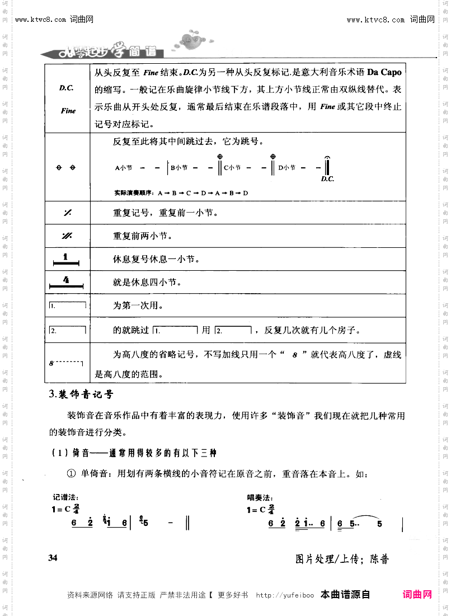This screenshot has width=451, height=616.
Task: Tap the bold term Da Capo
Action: pos(384,73)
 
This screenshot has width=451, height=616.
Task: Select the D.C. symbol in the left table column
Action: pos(67,88)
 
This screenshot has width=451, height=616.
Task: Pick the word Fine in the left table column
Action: pos(68,111)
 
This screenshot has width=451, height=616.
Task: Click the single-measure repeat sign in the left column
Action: pos(67,213)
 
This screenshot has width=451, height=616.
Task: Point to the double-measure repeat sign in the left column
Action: pos(67,236)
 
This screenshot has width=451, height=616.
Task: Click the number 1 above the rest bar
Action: pos(66,257)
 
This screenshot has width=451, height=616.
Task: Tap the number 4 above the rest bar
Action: pos(66,279)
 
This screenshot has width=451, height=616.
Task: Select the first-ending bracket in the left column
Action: pos(67,305)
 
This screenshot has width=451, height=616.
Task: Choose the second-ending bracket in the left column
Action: pos(67,330)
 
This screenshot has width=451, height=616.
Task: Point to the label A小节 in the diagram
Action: pos(123,167)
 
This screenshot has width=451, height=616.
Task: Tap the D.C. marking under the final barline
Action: pos(327,179)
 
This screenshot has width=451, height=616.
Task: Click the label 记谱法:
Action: pos(65,497)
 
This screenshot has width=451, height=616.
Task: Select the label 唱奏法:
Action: pos(260,497)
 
